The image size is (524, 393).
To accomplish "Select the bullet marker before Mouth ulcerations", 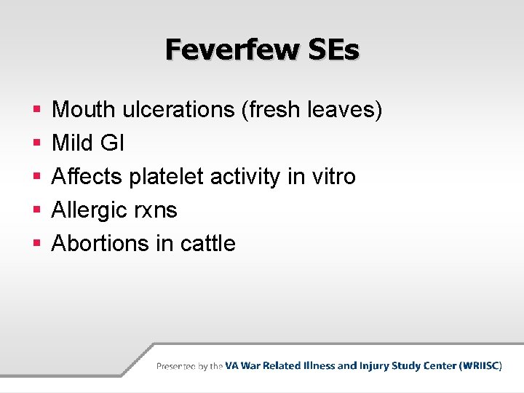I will [x=36, y=111].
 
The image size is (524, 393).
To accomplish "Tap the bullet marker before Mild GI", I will [x=36, y=144].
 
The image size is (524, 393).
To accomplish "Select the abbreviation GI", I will [x=112, y=143].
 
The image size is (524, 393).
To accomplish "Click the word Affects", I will [x=87, y=177].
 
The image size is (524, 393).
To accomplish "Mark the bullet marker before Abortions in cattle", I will [x=36, y=244].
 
